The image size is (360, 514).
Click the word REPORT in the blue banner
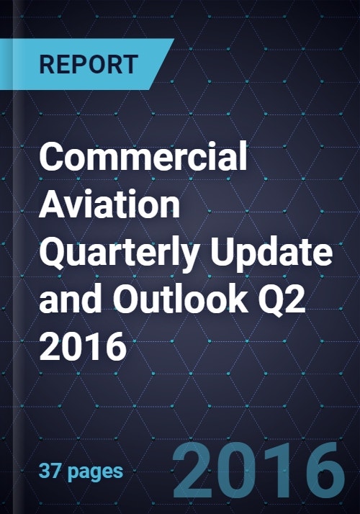[x=89, y=65]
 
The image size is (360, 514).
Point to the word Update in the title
[x=271, y=254]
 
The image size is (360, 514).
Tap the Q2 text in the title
[x=282, y=301]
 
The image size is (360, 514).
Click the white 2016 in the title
[x=83, y=346]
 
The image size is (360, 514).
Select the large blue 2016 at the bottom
[x=259, y=470]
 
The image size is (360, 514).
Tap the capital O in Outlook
[x=129, y=300]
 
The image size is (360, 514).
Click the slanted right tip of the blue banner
[x=174, y=39]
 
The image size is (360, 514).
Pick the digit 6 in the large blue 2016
[x=325, y=470]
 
